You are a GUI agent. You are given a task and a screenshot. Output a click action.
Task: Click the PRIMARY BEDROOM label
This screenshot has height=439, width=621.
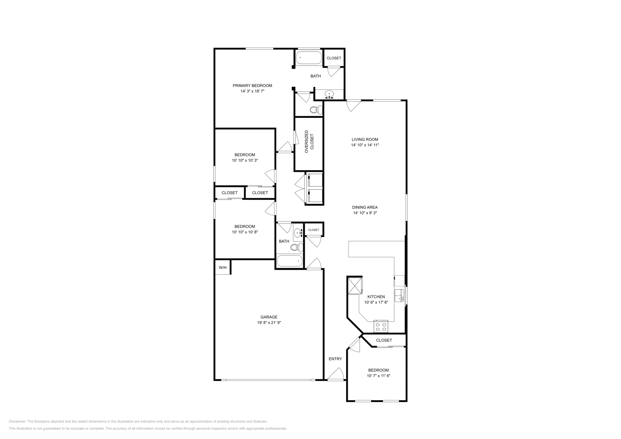click(252, 85)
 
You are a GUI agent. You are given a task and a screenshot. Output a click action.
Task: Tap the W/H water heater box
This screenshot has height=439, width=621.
click(222, 268)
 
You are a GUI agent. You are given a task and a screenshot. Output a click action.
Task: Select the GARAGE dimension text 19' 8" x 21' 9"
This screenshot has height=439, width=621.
click(269, 322)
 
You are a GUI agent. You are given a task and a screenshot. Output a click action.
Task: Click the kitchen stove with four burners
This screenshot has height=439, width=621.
click(380, 327)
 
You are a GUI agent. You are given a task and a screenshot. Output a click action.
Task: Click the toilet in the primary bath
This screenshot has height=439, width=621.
click(315, 110)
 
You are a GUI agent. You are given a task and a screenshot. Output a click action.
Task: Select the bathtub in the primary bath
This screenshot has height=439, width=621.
click(309, 59)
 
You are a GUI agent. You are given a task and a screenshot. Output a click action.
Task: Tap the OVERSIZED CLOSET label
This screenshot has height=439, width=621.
click(309, 142)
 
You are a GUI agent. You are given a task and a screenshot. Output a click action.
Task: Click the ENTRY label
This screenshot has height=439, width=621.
click(335, 359)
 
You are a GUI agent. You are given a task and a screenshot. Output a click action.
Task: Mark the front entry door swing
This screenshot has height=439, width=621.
click(336, 374)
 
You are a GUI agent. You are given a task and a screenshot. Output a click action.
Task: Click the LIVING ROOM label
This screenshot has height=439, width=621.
click(365, 139)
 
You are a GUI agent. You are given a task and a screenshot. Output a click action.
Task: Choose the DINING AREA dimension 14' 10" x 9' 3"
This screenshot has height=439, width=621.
click(365, 213)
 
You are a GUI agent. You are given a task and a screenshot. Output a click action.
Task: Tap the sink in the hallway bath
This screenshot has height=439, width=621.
click(298, 233)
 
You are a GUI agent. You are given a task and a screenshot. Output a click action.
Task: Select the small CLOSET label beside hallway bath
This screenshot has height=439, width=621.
click(314, 230)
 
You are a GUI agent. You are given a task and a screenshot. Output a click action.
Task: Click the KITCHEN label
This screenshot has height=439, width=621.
click(376, 297)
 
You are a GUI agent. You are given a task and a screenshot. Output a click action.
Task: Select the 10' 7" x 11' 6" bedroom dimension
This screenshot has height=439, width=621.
click(378, 376)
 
